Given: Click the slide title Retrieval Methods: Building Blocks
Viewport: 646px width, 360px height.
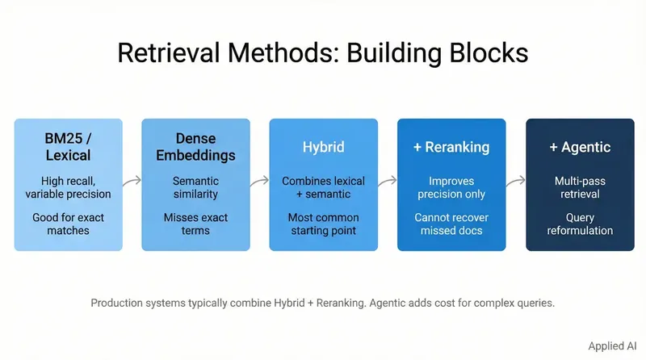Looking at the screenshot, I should point(323,52).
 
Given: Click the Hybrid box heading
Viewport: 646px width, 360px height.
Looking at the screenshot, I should point(323,147).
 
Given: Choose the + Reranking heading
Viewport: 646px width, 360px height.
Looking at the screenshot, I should point(451,147).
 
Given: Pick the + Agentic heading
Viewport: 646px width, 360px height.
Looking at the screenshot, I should point(579,147).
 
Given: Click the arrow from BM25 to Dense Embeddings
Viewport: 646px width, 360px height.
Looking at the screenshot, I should point(132,183).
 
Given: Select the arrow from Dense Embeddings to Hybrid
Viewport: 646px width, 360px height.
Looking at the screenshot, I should point(259,183).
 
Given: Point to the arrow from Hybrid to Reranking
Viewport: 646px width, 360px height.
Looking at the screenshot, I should point(388,183).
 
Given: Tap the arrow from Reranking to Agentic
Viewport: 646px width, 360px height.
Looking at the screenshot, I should point(515,183).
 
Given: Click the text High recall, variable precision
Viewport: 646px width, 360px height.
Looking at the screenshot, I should point(68,187).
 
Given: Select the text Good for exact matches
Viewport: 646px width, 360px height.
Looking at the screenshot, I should point(68,224).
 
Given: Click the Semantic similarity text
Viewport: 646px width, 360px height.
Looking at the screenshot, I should point(195,187).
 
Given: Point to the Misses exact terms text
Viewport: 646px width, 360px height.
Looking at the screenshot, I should point(195,224).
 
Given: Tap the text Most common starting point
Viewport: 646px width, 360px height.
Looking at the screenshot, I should point(323,224).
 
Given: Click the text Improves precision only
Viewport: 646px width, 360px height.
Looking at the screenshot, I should point(451,187).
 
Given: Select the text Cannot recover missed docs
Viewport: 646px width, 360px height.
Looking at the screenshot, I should point(451,224).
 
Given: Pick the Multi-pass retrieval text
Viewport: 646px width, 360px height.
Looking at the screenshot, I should point(579,187).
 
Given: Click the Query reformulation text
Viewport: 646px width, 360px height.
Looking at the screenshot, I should point(579,224).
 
